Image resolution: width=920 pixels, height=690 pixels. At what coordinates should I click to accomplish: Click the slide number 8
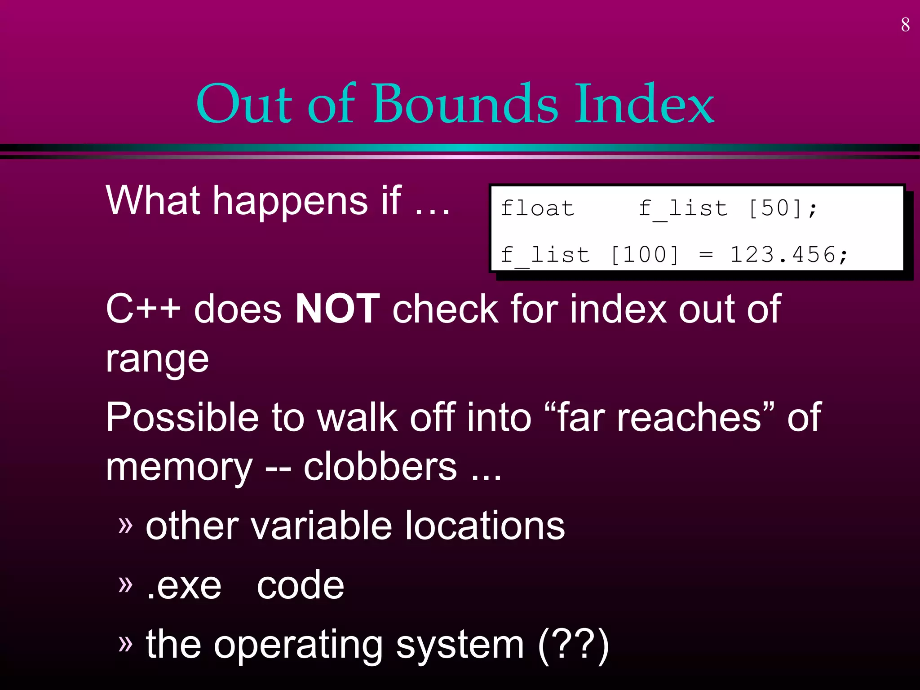[x=905, y=25]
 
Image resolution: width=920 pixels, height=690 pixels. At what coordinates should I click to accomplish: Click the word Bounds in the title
[x=465, y=104]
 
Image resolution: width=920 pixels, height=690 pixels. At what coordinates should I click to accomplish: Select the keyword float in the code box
[x=538, y=208]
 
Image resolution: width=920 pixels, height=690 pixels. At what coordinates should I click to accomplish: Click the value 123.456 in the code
[x=783, y=255]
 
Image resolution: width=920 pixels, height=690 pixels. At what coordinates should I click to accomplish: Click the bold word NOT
[x=338, y=309]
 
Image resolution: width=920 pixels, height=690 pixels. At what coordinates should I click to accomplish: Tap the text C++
[x=143, y=309]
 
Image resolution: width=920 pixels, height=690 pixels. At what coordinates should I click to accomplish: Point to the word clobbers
[x=380, y=467]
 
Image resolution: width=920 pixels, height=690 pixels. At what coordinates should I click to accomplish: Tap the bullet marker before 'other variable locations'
[x=126, y=524]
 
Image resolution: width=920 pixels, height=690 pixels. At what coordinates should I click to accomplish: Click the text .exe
[x=184, y=586]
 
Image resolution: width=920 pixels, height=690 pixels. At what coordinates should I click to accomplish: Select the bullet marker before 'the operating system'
[x=126, y=643]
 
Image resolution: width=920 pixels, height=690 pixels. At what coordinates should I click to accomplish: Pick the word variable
[x=321, y=526]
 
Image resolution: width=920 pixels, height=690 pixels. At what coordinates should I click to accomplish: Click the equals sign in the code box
[x=706, y=255]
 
